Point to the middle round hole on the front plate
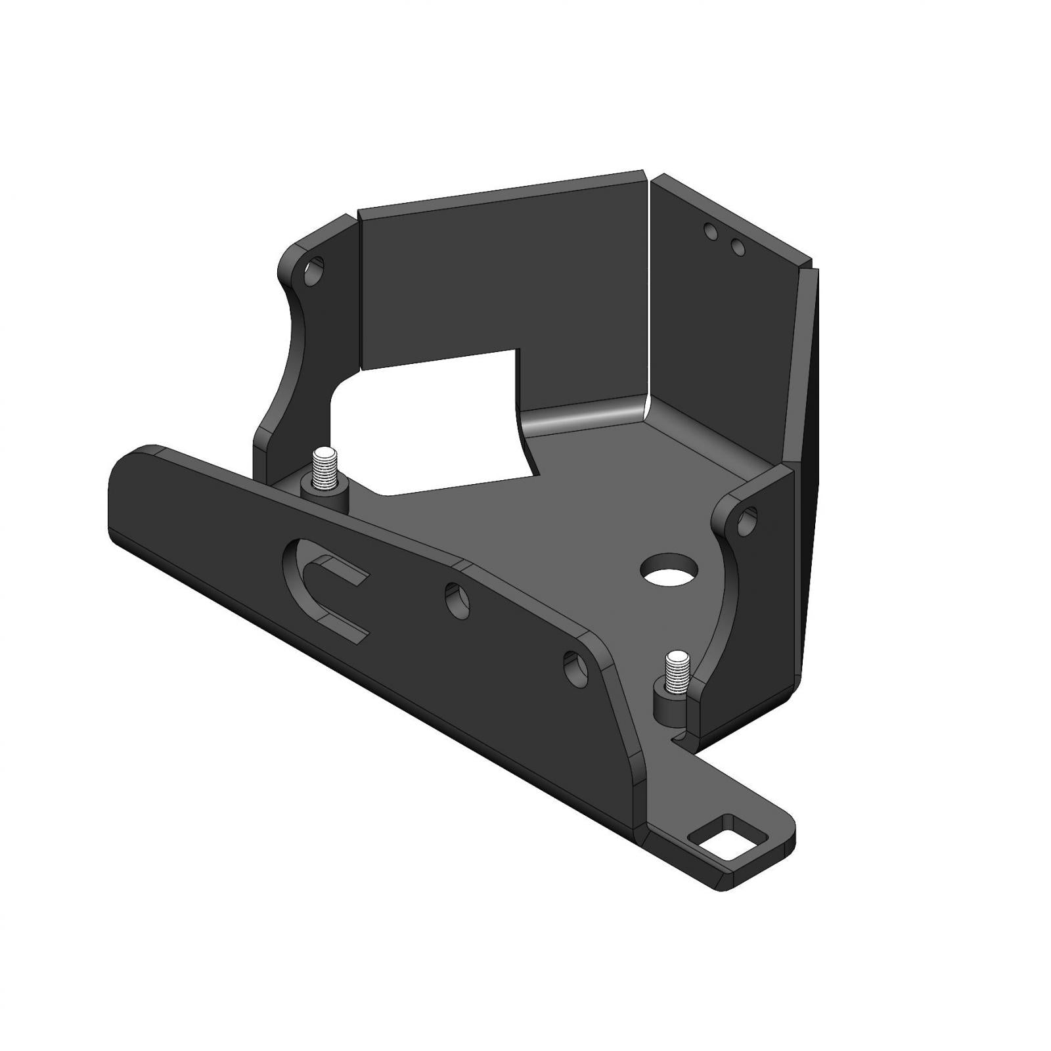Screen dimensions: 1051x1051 tap(457, 599)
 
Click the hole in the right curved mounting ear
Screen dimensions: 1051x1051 tap(748, 524)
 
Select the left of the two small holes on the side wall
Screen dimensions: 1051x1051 tap(709, 231)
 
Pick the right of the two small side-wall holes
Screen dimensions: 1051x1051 tap(737, 247)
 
